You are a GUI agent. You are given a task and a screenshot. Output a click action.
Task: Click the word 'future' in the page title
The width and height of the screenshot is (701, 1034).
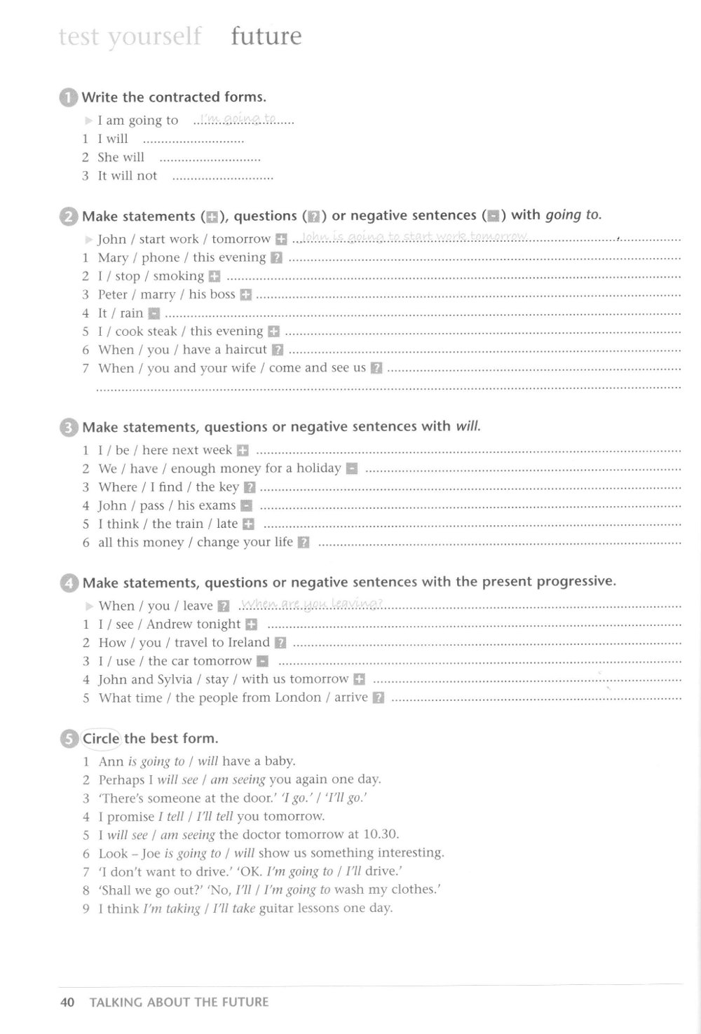coord(266,36)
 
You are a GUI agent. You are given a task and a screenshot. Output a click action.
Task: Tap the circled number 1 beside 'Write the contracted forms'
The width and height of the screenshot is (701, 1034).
coord(68,97)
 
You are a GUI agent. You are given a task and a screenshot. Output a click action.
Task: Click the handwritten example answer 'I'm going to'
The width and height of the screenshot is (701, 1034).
coord(238,119)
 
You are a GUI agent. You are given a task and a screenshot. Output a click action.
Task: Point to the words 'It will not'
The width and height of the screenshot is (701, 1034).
coord(128,176)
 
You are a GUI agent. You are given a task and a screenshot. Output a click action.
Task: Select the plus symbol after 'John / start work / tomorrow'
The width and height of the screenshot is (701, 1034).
coord(281,240)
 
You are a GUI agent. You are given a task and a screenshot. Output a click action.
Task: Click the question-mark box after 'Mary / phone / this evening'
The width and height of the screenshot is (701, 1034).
coord(276,258)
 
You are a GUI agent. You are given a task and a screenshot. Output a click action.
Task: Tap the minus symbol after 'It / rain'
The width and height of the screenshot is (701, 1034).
coord(154,313)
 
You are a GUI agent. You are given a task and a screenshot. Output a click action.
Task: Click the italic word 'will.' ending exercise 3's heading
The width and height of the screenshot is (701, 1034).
coord(468,426)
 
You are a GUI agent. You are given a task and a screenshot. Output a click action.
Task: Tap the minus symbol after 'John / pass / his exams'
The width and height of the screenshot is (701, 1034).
coord(246,505)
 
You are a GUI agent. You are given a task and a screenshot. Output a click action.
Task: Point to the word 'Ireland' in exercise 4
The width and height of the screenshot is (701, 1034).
coord(249,642)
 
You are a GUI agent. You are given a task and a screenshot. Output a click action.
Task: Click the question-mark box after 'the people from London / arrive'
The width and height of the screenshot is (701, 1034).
coord(379,698)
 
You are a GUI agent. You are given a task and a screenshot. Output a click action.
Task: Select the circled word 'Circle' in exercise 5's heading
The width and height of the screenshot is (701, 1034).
coord(102,738)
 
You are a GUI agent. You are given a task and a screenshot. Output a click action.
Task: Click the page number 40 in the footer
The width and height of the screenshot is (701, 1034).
coord(68,1002)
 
